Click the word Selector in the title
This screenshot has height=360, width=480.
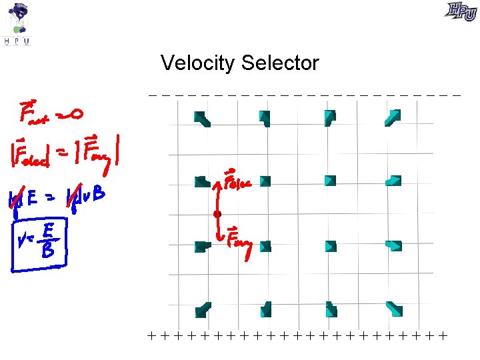(281, 64)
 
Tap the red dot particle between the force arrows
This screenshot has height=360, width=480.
(217, 214)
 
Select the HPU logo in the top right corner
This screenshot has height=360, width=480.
(461, 11)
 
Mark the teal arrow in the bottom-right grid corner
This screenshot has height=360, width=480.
(395, 309)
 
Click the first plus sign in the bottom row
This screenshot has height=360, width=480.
(152, 335)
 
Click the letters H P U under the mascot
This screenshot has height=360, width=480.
(17, 41)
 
